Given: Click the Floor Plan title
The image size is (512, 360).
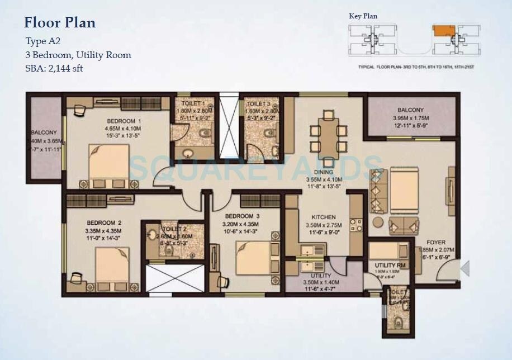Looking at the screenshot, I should click(x=60, y=23).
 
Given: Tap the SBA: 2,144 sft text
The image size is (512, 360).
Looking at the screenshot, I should click(x=54, y=69).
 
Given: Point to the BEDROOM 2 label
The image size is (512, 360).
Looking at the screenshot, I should click(x=103, y=222).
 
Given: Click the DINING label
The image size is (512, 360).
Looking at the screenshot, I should click(x=324, y=172).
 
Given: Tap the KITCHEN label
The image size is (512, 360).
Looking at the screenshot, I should click(x=324, y=217).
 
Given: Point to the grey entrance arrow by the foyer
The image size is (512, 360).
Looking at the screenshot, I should click(x=464, y=269).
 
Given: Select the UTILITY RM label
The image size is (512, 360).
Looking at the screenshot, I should click(x=390, y=265).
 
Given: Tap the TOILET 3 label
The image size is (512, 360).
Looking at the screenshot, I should click(x=259, y=104).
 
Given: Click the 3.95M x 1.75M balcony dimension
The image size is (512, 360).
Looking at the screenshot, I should click(x=411, y=119).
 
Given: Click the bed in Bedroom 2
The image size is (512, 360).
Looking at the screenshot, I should click(x=112, y=267).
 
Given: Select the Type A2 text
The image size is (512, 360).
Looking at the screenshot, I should click(x=43, y=41).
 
